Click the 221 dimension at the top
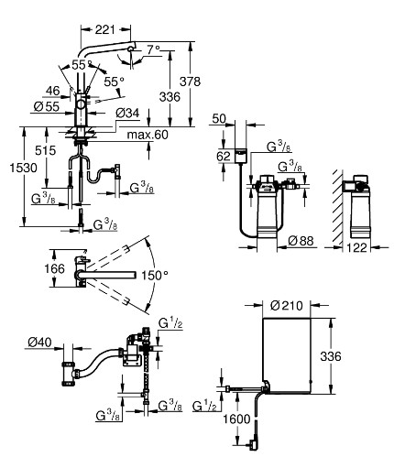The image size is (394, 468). coord(104,29)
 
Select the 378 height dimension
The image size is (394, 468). coord(190,82)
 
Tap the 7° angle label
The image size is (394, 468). coord(153,49)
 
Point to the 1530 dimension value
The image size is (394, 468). coord(24,168)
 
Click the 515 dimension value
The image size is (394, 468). coord(46,150)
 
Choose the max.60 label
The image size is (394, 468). coord(148,135)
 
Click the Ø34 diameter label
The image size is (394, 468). coord(127,114)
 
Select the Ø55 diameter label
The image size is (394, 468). coord(47,106)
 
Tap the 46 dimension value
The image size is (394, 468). coord(52,91)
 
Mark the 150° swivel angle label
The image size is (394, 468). coord(155,276)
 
